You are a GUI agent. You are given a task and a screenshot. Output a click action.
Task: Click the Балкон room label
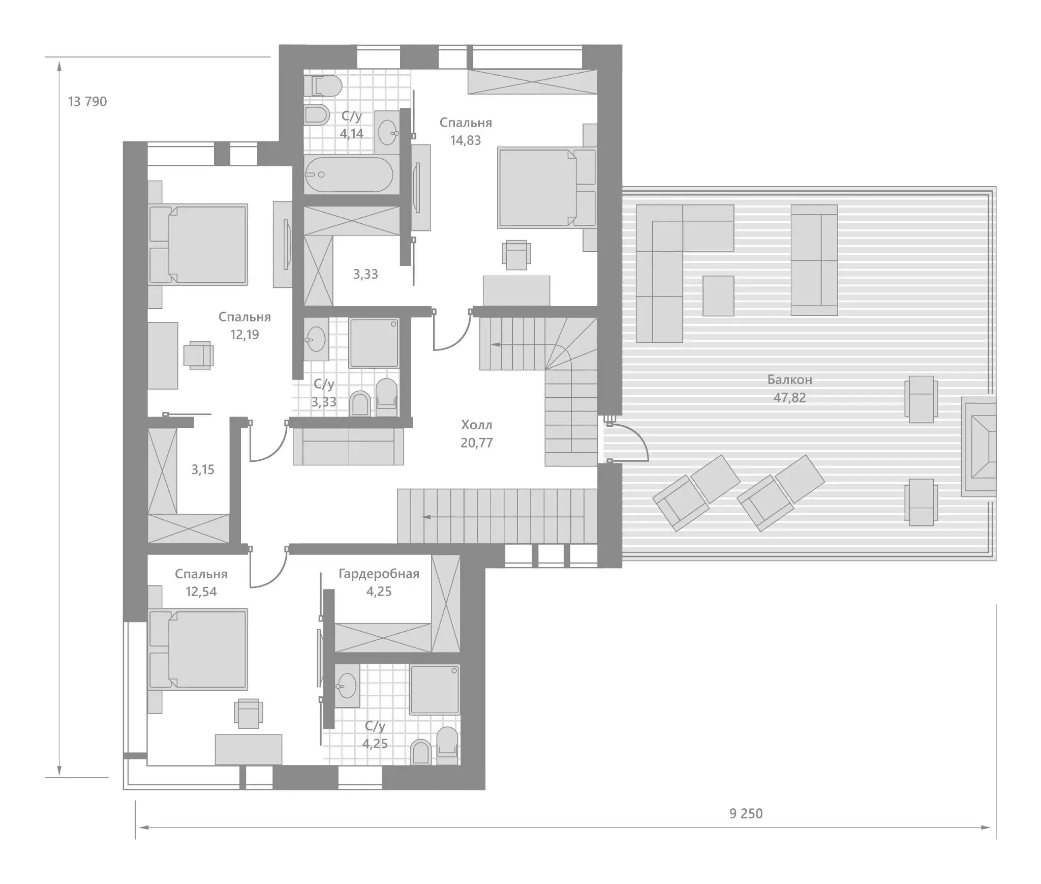pos(789,379)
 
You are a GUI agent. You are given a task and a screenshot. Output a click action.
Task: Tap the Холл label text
pos(476,425)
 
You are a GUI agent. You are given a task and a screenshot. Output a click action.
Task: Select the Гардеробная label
pos(379,574)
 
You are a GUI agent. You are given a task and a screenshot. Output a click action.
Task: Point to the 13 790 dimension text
pos(87,102)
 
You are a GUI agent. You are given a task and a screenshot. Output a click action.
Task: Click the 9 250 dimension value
pos(746,828)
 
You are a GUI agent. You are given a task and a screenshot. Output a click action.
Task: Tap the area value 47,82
pos(789,398)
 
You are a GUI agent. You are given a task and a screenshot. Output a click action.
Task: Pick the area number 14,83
pos(465,140)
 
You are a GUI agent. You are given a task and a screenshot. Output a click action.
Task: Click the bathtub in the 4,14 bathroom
pos(349,174)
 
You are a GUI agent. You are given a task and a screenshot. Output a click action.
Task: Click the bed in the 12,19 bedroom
pos(198,245)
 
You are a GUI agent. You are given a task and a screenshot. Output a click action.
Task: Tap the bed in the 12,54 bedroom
pos(198,649)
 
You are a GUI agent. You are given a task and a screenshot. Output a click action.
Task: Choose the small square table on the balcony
pos(718,296)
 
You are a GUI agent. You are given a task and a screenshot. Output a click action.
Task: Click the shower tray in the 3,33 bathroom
pos(374,343)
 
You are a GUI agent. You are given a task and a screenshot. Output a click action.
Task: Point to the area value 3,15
pos(203,469)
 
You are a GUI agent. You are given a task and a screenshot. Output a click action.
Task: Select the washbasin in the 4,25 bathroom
pos(347,686)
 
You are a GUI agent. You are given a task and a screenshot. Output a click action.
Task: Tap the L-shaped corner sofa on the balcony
pos(685,273)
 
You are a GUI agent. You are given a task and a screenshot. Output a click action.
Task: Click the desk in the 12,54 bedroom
pos(249,749)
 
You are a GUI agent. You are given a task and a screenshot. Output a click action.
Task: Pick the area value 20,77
pos(476,443)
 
